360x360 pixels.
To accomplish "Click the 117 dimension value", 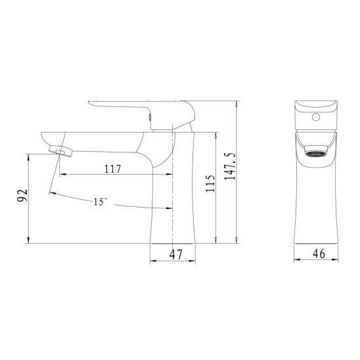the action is pyautogui.click(x=112, y=169).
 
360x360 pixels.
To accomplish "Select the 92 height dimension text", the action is pyautogui.click(x=22, y=196).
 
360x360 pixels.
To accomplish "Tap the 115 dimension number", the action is pyautogui.click(x=210, y=184).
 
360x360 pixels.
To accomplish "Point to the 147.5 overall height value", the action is pyautogui.click(x=231, y=166).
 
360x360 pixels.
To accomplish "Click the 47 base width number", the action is pyautogui.click(x=176, y=254).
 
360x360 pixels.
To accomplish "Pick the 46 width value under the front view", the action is pyautogui.click(x=319, y=254).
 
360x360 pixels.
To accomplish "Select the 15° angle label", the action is pyautogui.click(x=100, y=202).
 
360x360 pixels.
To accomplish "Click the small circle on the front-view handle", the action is pyautogui.click(x=316, y=118).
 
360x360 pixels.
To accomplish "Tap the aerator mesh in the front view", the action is pyautogui.click(x=316, y=154).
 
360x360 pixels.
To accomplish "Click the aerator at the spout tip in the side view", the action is pyautogui.click(x=60, y=151).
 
